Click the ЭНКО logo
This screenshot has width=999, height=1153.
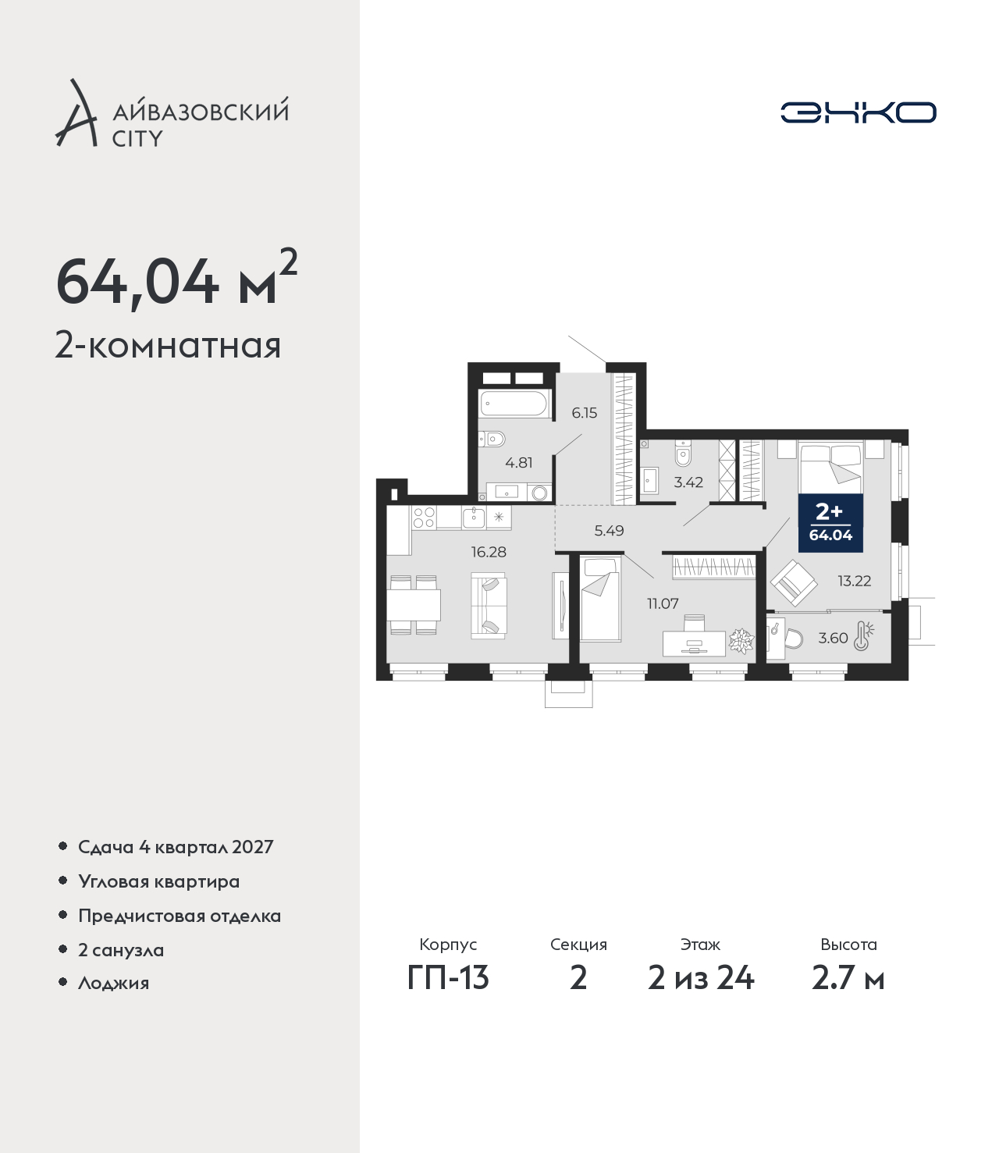click(858, 112)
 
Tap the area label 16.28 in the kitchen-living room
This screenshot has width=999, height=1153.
click(489, 552)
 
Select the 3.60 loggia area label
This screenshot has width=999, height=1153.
click(833, 638)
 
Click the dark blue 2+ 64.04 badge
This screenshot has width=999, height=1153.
click(830, 523)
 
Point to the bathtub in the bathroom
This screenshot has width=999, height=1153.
click(515, 404)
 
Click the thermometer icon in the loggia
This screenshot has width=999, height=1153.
click(863, 636)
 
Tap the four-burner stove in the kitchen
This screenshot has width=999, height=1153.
click(423, 517)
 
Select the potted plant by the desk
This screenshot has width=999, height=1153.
click(741, 642)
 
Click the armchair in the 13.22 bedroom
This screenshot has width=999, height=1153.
click(794, 583)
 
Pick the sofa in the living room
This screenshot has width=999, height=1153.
click(489, 605)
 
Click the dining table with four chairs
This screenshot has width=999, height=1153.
click(414, 605)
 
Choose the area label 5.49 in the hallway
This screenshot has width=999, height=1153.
click(609, 531)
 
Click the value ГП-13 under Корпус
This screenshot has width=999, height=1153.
click(448, 978)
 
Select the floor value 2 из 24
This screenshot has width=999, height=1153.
click(701, 978)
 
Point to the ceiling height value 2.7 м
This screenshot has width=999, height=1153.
click(848, 978)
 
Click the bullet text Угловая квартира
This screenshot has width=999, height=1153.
click(159, 882)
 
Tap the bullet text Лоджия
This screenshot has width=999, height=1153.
click(114, 983)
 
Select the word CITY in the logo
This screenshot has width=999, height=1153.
click(138, 138)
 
